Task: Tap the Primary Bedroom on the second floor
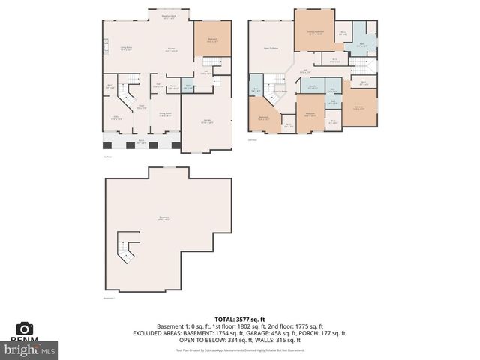click(314, 32)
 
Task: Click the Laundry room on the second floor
click(312, 88)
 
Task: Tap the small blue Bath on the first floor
click(188, 86)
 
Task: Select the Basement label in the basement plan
click(163, 218)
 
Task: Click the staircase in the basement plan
click(127, 248)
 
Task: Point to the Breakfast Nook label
click(169, 16)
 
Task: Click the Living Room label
click(127, 49)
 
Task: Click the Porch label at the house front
click(140, 141)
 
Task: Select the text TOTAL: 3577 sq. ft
click(239, 319)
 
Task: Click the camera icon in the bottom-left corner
click(25, 329)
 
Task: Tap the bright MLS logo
click(30, 349)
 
